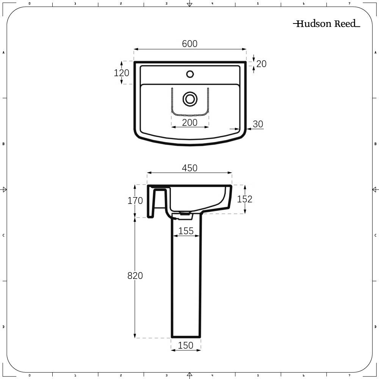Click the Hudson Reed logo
[x=326, y=24]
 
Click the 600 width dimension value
[x=190, y=44]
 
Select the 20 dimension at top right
[x=262, y=64]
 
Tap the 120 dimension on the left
[x=122, y=73]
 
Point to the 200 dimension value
[x=190, y=123]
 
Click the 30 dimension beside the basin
[x=258, y=124]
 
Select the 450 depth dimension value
[x=190, y=168]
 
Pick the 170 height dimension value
[x=135, y=200]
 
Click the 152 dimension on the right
[x=244, y=199]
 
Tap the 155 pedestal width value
[x=186, y=231]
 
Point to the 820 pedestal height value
[x=135, y=276]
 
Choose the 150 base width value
[x=186, y=345]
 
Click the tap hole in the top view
[x=190, y=74]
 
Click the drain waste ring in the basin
[x=190, y=99]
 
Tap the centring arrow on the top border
[x=190, y=4]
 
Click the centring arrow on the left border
[x=4, y=189]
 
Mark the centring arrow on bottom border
[x=190, y=375]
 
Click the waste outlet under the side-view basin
[x=186, y=214]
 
